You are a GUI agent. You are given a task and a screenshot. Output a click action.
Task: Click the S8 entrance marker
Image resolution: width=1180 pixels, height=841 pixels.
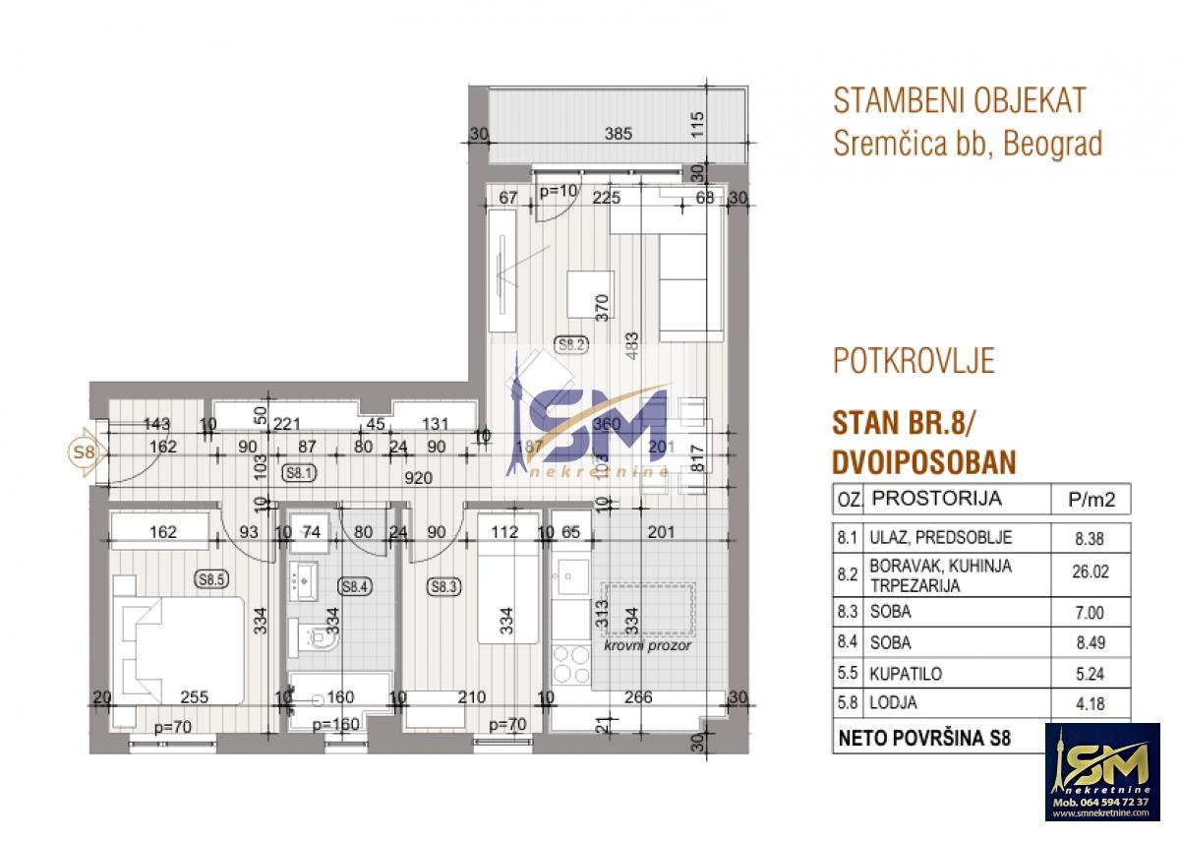[x=84, y=453]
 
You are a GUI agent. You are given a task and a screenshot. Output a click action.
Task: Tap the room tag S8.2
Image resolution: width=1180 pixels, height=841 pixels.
[x=571, y=344]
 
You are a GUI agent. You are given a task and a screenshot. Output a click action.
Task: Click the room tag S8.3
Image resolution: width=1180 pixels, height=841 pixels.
[x=444, y=587]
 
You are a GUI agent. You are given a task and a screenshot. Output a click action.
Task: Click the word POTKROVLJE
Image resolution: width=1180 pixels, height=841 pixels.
[x=914, y=361]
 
